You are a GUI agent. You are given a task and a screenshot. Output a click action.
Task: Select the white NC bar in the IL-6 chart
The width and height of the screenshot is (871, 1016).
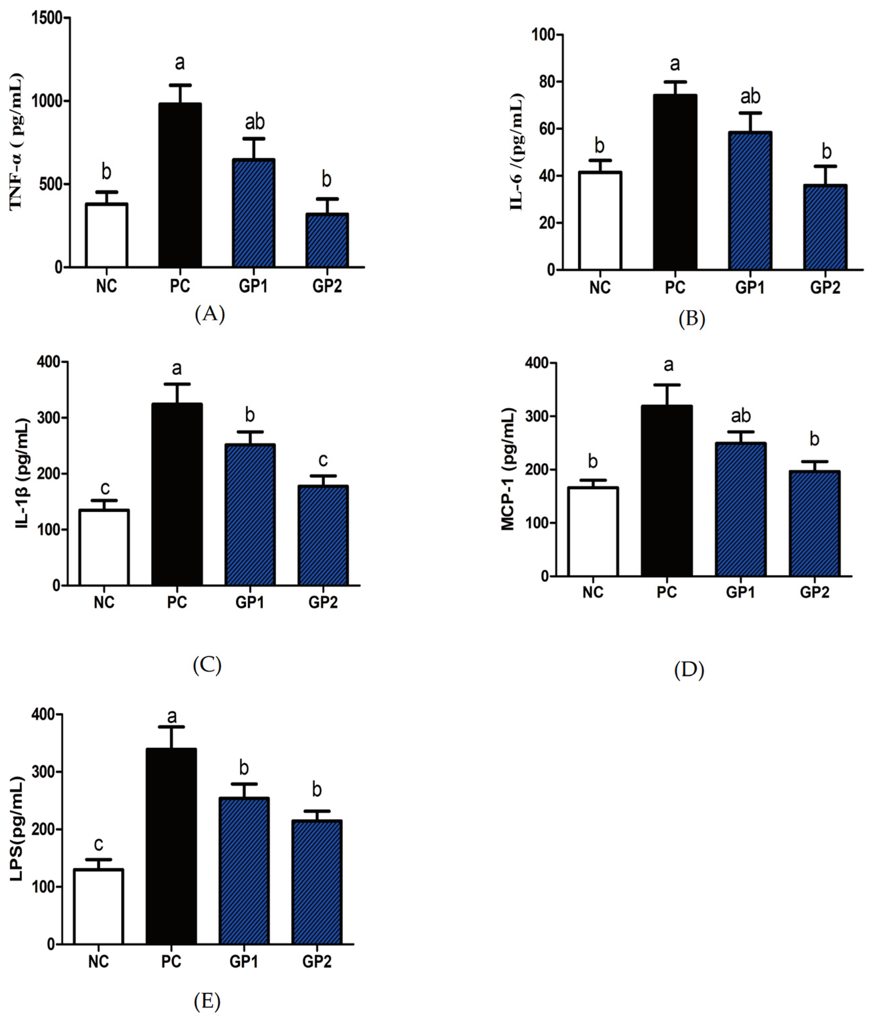[600, 221]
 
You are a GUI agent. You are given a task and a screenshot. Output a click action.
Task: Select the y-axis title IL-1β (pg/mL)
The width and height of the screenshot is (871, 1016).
[23, 473]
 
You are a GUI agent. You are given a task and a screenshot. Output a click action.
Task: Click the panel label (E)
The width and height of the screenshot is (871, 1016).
[207, 1000]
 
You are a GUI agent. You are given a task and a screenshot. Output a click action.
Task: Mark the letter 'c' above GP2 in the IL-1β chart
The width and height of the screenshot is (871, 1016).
[323, 460]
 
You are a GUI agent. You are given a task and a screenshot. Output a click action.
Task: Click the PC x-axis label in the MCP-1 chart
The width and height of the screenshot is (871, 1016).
[666, 592]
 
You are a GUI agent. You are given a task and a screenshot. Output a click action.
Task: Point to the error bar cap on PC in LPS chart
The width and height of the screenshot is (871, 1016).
[171, 727]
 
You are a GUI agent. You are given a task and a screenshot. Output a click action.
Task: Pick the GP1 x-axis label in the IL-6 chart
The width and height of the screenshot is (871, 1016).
[749, 287]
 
